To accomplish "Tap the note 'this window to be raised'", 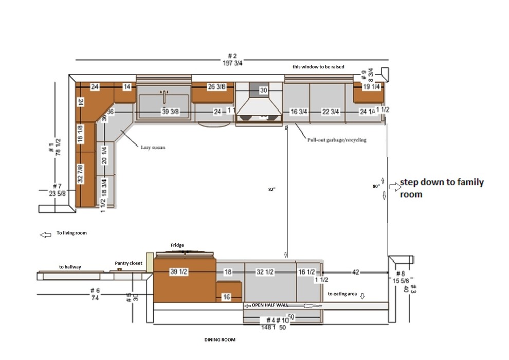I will coord(318,67).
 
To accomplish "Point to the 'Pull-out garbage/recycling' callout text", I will coord(337,140).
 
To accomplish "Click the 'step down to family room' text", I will coord(441,188).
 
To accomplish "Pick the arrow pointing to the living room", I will coord(46,235).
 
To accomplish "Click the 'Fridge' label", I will coord(177,245).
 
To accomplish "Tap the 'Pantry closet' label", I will coord(129,263).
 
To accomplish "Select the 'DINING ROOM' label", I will coord(220,340).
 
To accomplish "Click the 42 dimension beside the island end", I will coord(355,272).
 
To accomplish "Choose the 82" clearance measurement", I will coord(272,189).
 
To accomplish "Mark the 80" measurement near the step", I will coord(376,186).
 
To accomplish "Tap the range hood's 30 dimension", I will coord(263,91).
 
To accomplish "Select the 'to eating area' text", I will coord(342,294).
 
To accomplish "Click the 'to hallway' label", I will coord(70,267).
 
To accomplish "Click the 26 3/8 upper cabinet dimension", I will coord(216,87).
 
